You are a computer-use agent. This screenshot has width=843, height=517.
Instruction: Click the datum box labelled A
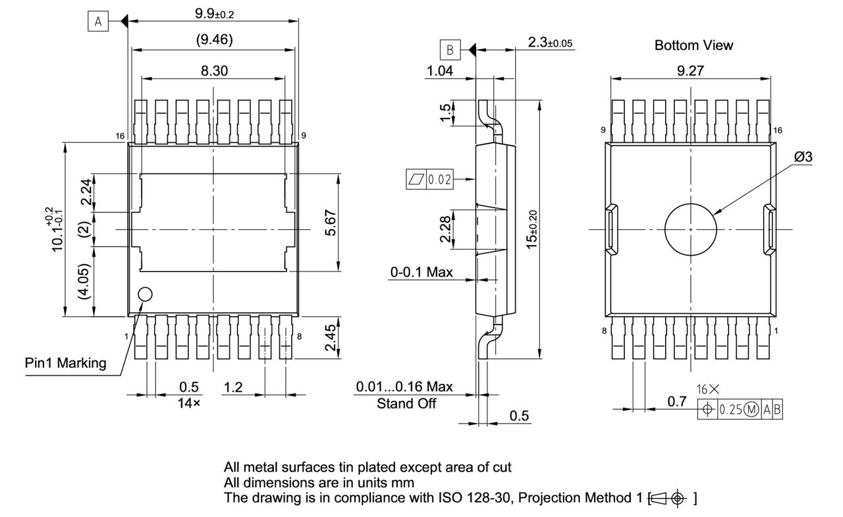point(98,21)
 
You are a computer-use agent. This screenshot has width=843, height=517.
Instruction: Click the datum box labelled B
point(450,49)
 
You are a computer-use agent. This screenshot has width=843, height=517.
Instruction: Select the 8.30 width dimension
point(214,70)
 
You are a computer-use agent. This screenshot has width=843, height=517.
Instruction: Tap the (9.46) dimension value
point(214,40)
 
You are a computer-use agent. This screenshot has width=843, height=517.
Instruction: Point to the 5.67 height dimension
point(331,223)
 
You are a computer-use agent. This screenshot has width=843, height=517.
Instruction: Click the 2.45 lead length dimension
point(330,337)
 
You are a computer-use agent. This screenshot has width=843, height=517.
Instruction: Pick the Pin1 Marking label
point(65,363)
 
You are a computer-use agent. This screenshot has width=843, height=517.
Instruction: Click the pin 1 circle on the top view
point(146,294)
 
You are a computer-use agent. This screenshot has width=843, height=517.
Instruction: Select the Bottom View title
point(693,45)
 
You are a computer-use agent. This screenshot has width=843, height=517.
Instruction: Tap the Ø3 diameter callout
point(803,157)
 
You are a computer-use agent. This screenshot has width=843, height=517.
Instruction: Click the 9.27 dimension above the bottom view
point(690,70)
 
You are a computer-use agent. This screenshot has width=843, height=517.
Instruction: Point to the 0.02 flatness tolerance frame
point(429,179)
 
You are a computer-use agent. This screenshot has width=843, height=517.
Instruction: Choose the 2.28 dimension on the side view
point(445,229)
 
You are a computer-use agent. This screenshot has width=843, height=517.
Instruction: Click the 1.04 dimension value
point(439,70)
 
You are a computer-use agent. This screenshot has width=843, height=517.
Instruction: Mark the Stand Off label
point(406,404)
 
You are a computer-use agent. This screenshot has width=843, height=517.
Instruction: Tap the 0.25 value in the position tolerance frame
point(730,410)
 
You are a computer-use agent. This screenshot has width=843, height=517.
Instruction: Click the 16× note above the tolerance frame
point(707,389)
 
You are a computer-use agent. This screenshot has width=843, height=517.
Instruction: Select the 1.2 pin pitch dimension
point(233,387)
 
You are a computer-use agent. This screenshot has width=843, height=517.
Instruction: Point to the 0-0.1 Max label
point(421,272)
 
